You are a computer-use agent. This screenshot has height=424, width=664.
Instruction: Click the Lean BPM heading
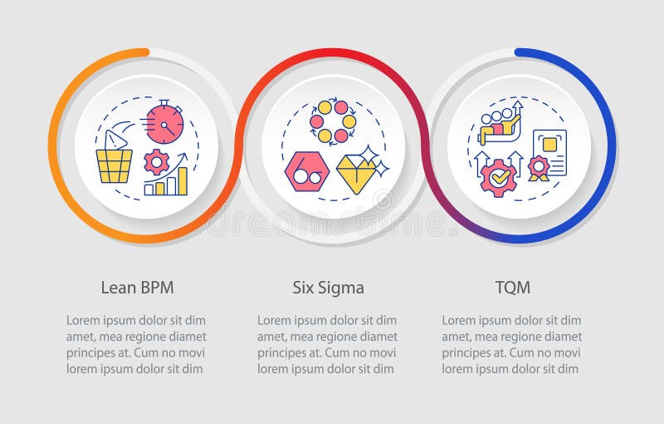pos(137,288)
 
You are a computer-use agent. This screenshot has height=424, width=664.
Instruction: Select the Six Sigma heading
pos(329,288)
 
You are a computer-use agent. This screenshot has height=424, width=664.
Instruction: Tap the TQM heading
pos(512,288)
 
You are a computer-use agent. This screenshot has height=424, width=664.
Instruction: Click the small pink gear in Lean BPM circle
pos(156,160)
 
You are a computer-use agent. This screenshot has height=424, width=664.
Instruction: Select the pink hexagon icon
pos(306,170)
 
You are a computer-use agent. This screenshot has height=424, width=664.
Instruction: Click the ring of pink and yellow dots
pos(333,121)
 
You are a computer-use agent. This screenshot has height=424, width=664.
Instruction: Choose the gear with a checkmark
pos(498,177)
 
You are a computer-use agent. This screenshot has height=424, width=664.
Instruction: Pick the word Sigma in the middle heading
pos(344,288)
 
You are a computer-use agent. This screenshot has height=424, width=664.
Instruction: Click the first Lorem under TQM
pos(460,320)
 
